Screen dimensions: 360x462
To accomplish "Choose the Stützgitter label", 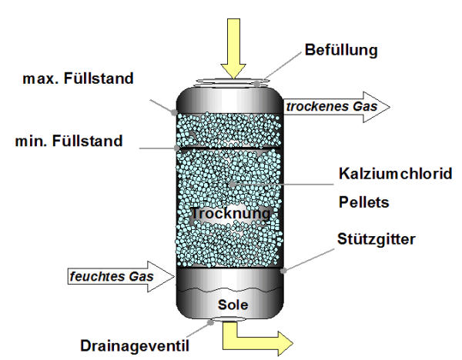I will [x=377, y=239].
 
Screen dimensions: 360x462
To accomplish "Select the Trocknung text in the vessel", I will [x=231, y=212].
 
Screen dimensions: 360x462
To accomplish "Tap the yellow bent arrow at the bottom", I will [x=258, y=336].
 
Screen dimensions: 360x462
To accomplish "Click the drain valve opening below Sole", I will [x=230, y=318].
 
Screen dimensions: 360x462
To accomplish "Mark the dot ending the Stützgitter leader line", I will [x=286, y=270].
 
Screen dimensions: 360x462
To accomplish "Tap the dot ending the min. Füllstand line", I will [x=177, y=146].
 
